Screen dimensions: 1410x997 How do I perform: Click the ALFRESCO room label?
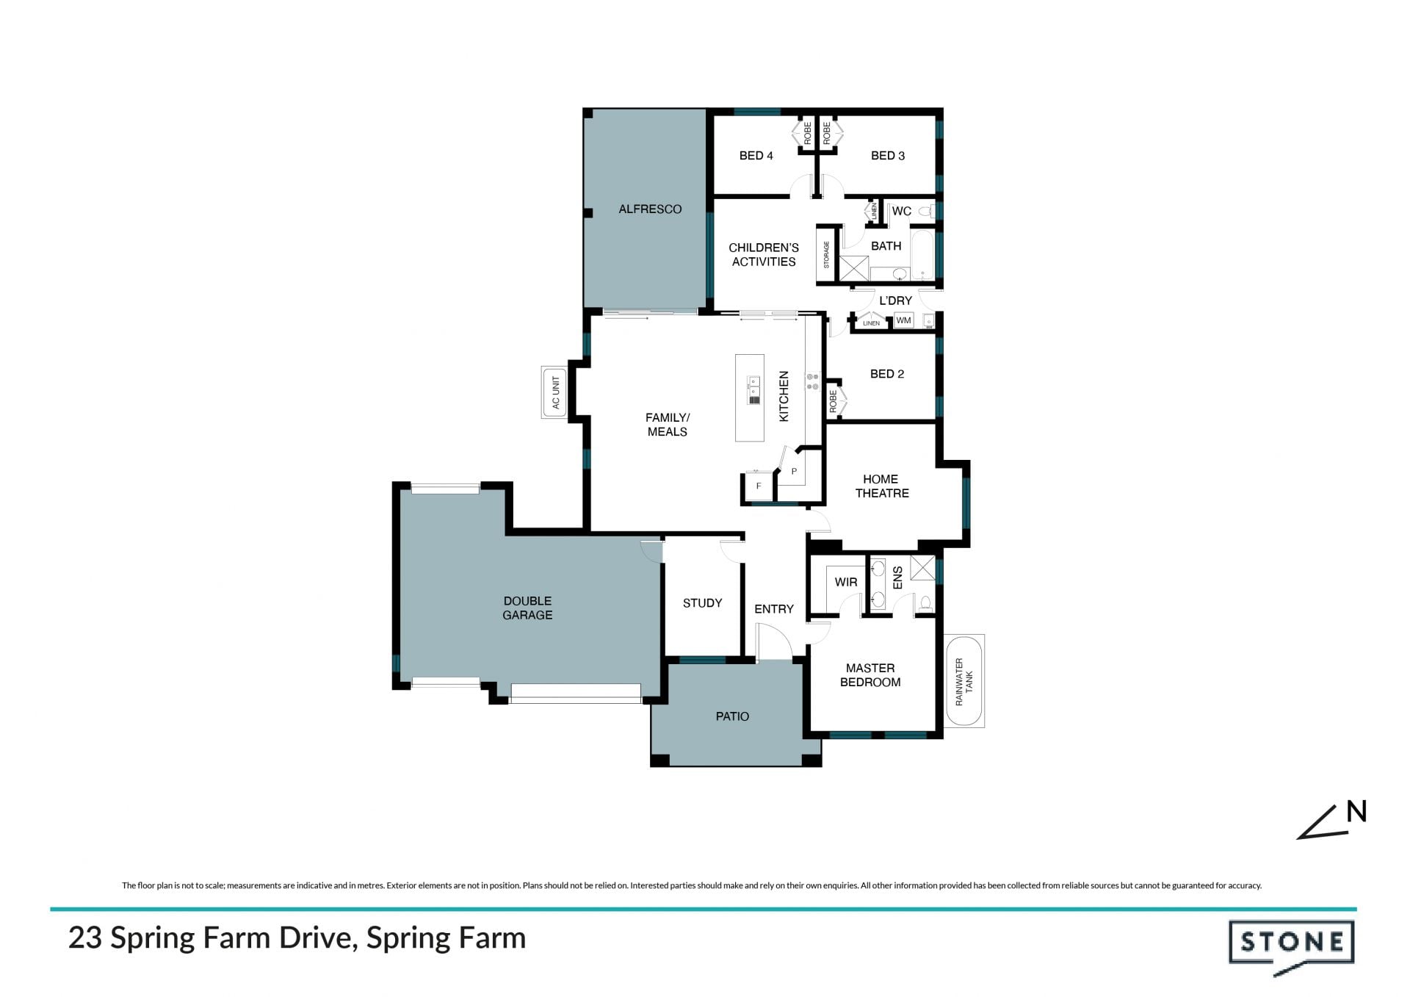tap(650, 209)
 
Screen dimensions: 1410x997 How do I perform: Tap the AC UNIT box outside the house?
tap(554, 392)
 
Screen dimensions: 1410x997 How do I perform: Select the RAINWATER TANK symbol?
tap(963, 681)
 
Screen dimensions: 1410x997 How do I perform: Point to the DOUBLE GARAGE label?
tap(527, 608)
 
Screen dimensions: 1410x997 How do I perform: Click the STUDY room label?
tap(702, 603)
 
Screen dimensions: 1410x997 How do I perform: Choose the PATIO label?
tap(732, 716)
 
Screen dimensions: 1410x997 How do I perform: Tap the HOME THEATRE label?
tap(881, 486)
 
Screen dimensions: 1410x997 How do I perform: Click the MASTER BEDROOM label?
tap(870, 675)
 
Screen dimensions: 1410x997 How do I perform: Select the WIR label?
tap(846, 582)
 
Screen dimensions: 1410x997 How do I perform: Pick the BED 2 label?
tap(887, 374)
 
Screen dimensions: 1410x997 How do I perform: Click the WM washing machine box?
tap(903, 320)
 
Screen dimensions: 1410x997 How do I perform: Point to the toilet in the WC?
tap(927, 212)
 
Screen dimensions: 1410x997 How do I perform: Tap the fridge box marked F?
tap(759, 486)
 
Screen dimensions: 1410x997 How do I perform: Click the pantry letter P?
tap(794, 472)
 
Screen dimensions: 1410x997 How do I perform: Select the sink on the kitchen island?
tap(753, 389)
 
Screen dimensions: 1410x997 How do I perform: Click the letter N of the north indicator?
tap(1357, 811)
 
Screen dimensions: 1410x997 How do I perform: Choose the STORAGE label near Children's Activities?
tap(826, 254)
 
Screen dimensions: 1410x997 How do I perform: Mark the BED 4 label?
tap(756, 156)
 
